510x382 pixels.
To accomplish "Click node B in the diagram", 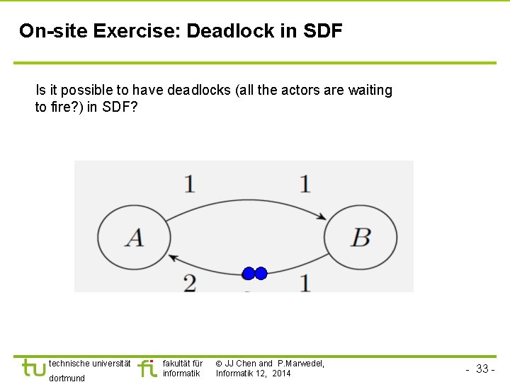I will pos(361,237).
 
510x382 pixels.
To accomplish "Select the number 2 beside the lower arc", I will pos(190,282).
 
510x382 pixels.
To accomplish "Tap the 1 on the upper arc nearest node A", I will pos(190,183).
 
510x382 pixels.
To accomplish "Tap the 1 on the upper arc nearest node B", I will pos(305,183).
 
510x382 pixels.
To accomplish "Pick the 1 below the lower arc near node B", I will pos(305,282).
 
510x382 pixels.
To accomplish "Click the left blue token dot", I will pos(248,273).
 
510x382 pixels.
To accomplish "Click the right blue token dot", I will pos(261,273).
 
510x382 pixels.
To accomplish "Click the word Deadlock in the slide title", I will pos(224,31).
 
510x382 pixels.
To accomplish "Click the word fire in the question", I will pos(58,108).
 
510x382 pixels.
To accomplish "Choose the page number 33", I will pos(482,369).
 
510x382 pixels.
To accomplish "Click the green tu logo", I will pos(33,368).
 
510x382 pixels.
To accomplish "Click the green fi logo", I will pos(147,368).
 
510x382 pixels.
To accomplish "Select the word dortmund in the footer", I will pos(67,378).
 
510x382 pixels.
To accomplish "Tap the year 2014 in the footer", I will pos(280,374).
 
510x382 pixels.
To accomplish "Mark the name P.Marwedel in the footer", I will pos(299,363).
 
